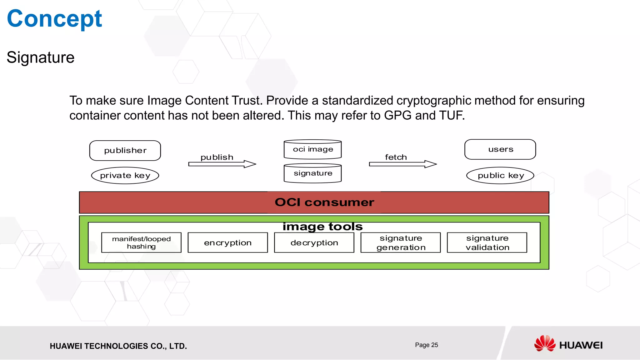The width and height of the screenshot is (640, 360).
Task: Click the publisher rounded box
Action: pos(125,151)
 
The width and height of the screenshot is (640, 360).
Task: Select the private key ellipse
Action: pos(125,176)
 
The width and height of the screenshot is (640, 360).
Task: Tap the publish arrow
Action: pos(222,164)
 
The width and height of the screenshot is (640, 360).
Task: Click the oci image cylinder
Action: pos(312,149)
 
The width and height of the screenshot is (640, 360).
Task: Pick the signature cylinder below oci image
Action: pos(312,173)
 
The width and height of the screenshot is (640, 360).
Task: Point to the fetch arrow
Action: pos(403,164)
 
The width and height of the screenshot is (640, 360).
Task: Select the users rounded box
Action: pos(500,149)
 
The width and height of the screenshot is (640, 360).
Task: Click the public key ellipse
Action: pos(500,176)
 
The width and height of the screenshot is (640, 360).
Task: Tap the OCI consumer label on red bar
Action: pos(324,202)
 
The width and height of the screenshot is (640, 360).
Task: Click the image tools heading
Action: pos(322,227)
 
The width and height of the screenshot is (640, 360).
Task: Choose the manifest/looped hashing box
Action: pos(141,242)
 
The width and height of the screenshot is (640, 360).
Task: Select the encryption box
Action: pos(227,242)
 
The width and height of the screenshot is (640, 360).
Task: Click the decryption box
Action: pos(314,242)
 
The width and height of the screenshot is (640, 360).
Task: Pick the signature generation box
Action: pos(401,242)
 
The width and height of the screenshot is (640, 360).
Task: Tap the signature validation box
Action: pos(487,242)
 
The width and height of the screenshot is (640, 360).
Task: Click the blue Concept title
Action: pos(54,19)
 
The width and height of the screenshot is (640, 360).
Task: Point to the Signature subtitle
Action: pos(41,57)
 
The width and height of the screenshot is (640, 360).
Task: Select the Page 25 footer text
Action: pos(426,345)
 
